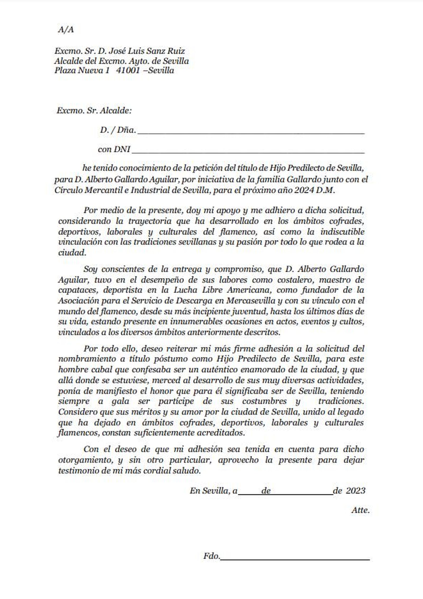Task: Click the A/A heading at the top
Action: point(66,30)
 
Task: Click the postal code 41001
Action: point(127,71)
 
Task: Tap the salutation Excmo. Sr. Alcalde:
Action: point(94,111)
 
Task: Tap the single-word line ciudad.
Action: point(72,253)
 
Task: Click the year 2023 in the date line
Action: point(355,491)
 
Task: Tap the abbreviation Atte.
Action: point(360,510)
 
